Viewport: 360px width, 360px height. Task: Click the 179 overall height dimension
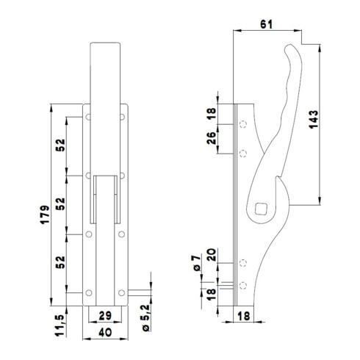[45, 215]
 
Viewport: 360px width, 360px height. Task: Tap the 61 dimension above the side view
[266, 24]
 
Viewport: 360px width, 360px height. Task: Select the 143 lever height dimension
[314, 119]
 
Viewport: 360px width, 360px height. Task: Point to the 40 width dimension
[105, 332]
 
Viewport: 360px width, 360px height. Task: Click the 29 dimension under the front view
[105, 316]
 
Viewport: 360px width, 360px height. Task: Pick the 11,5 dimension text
[60, 325]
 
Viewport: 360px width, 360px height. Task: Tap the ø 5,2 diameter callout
[145, 318]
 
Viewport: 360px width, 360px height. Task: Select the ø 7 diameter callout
[197, 263]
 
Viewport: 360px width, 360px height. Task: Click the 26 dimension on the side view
[212, 138]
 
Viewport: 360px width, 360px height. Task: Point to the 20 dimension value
[212, 255]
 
